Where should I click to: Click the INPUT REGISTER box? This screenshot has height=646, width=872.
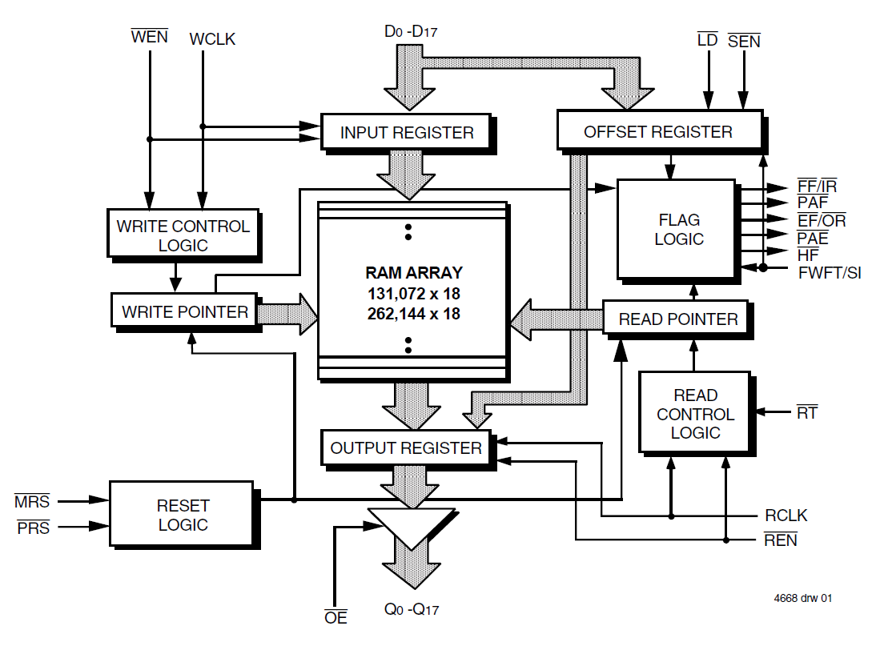[406, 132]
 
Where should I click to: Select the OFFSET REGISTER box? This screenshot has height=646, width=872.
[657, 131]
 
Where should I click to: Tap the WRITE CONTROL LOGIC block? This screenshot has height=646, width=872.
[183, 235]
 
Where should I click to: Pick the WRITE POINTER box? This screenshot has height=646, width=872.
[184, 311]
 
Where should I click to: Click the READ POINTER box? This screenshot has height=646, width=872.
[677, 319]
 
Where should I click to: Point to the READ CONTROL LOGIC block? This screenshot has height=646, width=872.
[694, 414]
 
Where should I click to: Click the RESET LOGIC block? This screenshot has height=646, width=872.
[183, 515]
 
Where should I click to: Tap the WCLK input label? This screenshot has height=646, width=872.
[212, 38]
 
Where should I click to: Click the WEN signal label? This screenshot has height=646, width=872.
[149, 36]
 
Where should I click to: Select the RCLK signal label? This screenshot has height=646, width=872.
[786, 516]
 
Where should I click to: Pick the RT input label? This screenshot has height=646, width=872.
[806, 413]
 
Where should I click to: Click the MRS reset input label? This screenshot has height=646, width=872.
[32, 502]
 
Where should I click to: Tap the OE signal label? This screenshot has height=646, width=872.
[336, 618]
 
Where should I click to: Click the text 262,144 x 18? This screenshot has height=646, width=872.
[413, 314]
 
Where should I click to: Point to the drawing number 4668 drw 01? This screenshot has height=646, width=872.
[802, 598]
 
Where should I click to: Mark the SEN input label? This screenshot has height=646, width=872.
[744, 40]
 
